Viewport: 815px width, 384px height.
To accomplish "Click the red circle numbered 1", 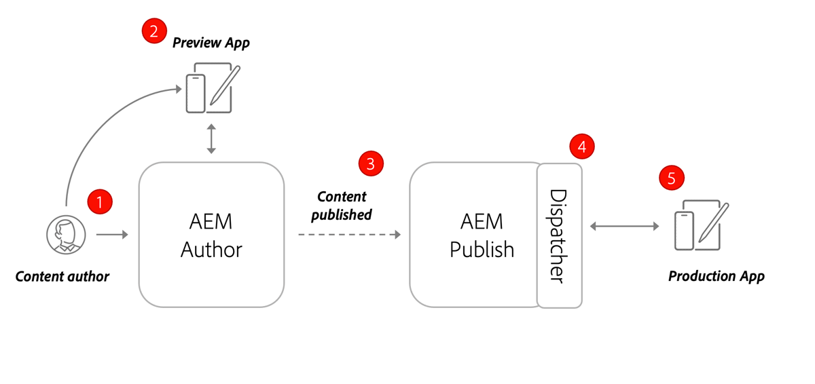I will (100, 202).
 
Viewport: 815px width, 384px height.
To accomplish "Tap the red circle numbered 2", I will (154, 31).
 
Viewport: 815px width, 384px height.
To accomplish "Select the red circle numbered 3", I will (371, 164).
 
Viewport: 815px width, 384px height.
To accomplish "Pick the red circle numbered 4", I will (582, 146).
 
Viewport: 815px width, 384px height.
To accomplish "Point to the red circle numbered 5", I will (672, 178).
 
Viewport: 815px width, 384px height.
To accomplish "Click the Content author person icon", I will (66, 235).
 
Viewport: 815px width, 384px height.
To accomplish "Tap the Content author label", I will (62, 276).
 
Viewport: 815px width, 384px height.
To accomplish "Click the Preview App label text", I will (211, 43).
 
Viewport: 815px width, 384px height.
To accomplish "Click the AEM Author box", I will (211, 235).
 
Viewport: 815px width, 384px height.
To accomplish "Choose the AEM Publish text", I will (482, 235).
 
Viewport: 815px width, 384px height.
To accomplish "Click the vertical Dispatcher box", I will (559, 235).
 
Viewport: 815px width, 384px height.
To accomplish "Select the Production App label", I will (717, 276).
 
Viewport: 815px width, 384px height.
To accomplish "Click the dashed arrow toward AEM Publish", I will (349, 235).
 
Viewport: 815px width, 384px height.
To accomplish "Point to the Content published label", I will (342, 205).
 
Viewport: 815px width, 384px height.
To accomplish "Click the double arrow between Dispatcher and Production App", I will (624, 226).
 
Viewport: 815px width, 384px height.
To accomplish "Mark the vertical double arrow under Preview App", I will (211, 138).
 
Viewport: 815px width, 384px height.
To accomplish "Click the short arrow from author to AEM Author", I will (112, 235).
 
